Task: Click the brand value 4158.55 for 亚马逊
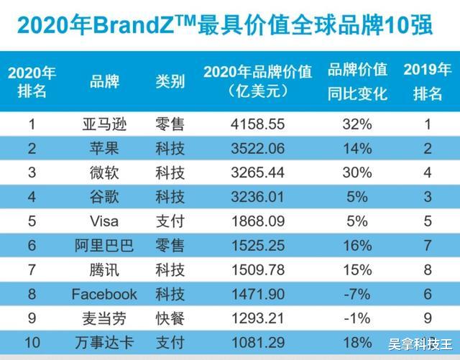tap(257, 124)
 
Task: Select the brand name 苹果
tap(104, 149)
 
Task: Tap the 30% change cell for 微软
tap(357, 172)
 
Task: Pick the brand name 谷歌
tap(104, 197)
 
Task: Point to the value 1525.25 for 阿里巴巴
tap(257, 246)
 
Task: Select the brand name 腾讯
tap(104, 270)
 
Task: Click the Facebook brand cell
tap(104, 294)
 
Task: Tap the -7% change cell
tap(357, 294)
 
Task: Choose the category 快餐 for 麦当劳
tap(170, 318)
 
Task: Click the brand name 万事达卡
tap(104, 342)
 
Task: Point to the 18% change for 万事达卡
tap(357, 342)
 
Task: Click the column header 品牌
tap(104, 81)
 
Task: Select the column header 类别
tap(170, 81)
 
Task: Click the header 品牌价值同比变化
tap(357, 81)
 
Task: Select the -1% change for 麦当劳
tap(357, 318)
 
